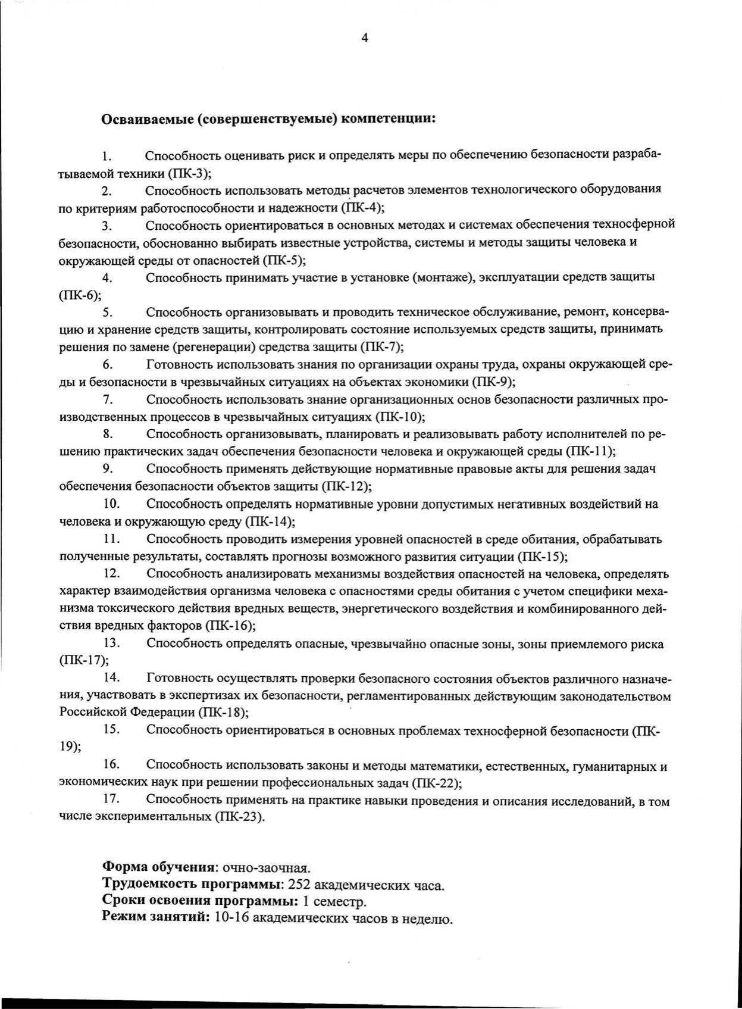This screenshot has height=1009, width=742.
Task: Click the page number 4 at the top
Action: tap(365, 38)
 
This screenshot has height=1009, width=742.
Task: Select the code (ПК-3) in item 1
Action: tap(190, 173)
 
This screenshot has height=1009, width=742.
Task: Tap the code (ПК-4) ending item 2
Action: tap(362, 208)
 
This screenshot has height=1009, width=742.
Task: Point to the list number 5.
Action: tap(108, 311)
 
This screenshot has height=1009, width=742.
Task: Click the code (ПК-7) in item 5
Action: tap(382, 346)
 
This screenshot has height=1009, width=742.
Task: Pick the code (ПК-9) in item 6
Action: tap(493, 382)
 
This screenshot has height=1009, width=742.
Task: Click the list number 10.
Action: tap(112, 504)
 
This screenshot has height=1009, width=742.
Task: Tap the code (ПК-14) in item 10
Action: tap(270, 521)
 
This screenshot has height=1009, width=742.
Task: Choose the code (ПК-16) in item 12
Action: tap(230, 626)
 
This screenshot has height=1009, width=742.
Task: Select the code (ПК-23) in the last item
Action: tap(237, 816)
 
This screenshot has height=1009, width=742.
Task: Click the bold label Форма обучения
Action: tap(158, 867)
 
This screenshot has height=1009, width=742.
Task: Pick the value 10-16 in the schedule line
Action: tap(231, 919)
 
